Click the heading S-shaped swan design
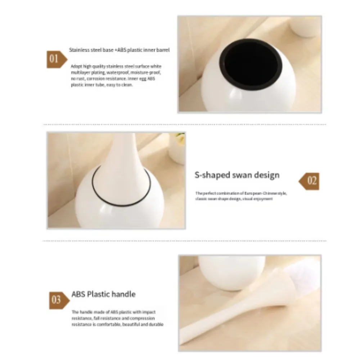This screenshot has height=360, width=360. click(237, 175)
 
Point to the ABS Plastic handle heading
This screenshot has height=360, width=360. click(103, 294)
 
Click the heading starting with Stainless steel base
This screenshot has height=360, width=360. click(119, 50)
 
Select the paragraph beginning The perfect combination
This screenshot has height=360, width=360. click(241, 196)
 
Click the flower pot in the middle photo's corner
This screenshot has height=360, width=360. click(177, 148)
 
